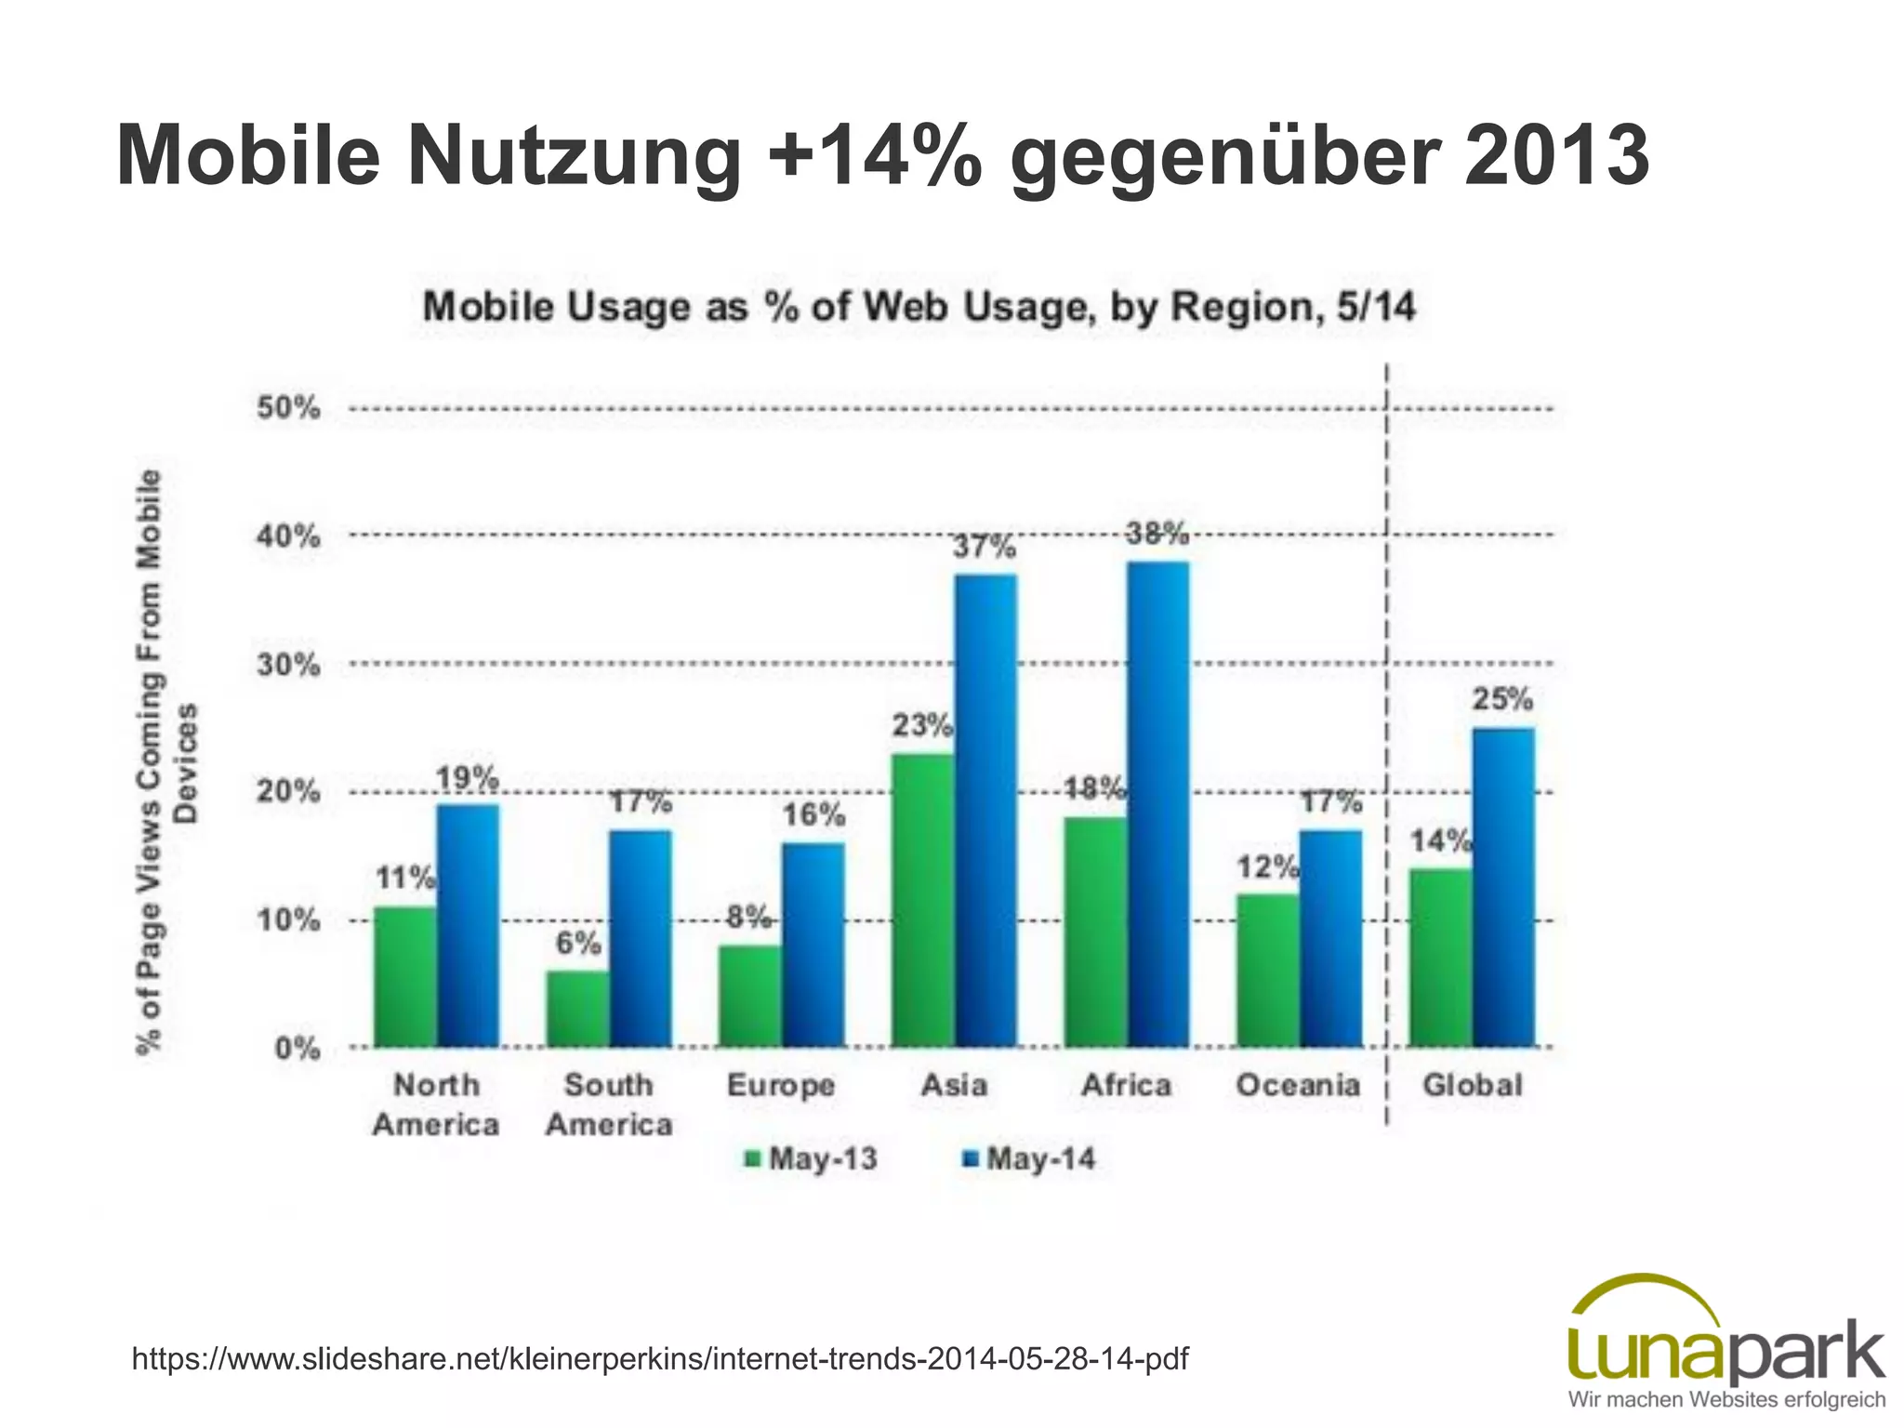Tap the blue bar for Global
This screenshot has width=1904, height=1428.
pyautogui.click(x=1503, y=888)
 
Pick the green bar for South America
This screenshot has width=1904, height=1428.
pyautogui.click(x=577, y=1009)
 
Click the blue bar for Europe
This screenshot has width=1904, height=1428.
pyautogui.click(x=813, y=945)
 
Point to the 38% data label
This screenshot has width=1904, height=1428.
pyautogui.click(x=1157, y=534)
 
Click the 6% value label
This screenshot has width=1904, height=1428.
pyautogui.click(x=578, y=944)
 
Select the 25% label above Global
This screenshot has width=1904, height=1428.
pyautogui.click(x=1502, y=699)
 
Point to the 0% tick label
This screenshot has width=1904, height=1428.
pyautogui.click(x=297, y=1050)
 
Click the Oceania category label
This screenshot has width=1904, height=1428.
pyautogui.click(x=1298, y=1085)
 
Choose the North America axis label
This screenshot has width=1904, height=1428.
pyautogui.click(x=436, y=1104)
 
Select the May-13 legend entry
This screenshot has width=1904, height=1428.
pyautogui.click(x=812, y=1159)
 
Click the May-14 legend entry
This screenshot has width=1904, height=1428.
pyautogui.click(x=1029, y=1159)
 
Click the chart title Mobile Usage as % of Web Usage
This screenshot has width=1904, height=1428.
pyautogui.click(x=919, y=307)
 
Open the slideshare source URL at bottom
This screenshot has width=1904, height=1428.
pyautogui.click(x=660, y=1358)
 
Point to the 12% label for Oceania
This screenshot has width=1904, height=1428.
pyautogui.click(x=1266, y=867)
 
